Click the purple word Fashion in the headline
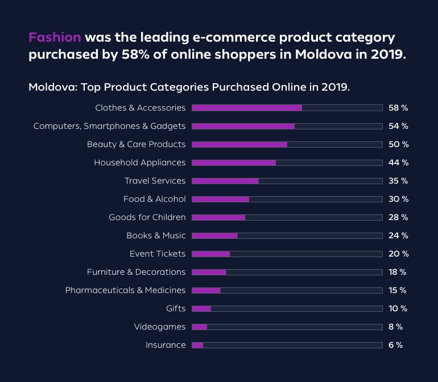[x=55, y=38]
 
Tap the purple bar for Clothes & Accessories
[x=246, y=108]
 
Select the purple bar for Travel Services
[x=225, y=181]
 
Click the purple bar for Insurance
[x=197, y=345]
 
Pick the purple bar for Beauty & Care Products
[x=239, y=144]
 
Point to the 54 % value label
[x=398, y=126]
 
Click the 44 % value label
[x=398, y=162]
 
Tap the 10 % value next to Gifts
[x=398, y=308]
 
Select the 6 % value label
[x=395, y=345]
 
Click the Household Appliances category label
[x=139, y=162]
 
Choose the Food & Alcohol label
[x=154, y=199]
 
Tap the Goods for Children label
[x=147, y=217]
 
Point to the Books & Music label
[x=156, y=235]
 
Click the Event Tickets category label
[x=158, y=254]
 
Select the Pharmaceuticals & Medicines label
[x=125, y=290]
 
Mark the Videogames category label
[x=160, y=327]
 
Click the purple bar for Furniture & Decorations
[x=209, y=272]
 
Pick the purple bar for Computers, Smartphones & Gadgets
[x=243, y=126]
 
